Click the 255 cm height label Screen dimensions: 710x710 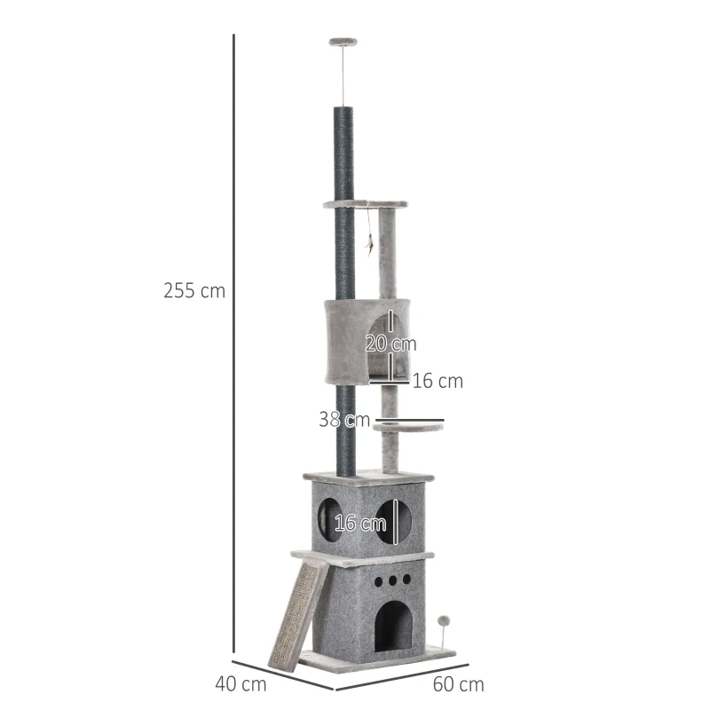coord(194,290)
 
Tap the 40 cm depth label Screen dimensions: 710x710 coord(241,684)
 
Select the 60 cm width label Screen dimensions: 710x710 coord(458,684)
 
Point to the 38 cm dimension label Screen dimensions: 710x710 coord(344,420)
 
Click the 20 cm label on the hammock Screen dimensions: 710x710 coord(390,343)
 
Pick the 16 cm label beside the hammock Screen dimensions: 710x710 coord(438,382)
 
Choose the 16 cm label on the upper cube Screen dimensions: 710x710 coord(359,523)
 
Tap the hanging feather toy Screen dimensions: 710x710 coord(370,242)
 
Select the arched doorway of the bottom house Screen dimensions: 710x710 coord(392,626)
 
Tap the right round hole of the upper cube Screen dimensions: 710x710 coord(393,520)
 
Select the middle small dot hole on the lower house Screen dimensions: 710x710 coord(392,579)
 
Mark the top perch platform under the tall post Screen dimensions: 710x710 coord(366,205)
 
